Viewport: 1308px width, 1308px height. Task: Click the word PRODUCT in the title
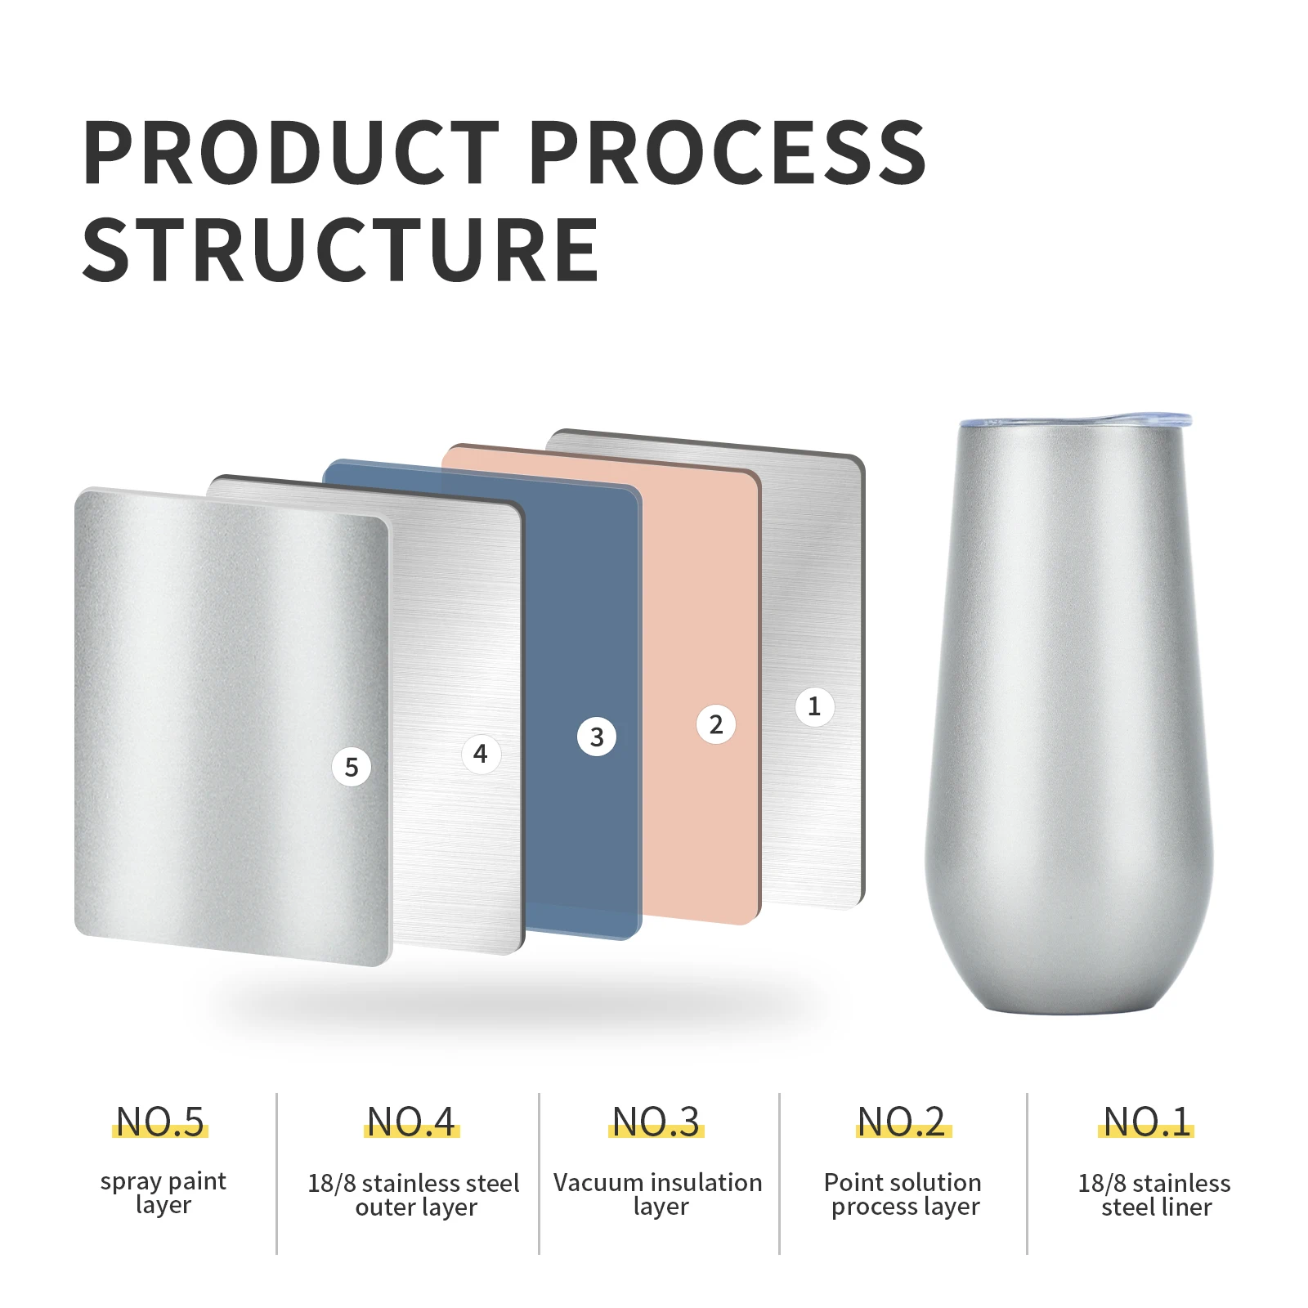[x=291, y=152]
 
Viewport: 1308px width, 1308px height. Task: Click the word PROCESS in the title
[x=728, y=152]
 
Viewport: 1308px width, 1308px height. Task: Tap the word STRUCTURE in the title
[x=341, y=250]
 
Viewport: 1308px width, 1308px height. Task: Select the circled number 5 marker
[x=352, y=767]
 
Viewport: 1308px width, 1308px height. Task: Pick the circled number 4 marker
[x=481, y=754]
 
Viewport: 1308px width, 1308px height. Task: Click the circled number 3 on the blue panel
[x=597, y=737]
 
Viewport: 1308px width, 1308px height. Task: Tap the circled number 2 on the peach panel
[x=716, y=724]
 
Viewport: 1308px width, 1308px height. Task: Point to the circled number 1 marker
[x=814, y=706]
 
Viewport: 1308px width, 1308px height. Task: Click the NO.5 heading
[x=160, y=1122]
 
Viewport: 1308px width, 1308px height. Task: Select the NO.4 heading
[x=411, y=1122]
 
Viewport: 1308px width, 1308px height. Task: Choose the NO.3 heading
[x=656, y=1122]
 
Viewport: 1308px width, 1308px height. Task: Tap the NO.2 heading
[x=903, y=1122]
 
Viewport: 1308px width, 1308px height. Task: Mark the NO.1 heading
[x=1147, y=1122]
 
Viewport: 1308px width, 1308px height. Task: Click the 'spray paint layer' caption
[x=163, y=1194]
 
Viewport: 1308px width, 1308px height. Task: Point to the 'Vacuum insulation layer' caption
[x=658, y=1194]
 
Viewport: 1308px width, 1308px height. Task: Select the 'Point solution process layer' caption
[x=903, y=1194]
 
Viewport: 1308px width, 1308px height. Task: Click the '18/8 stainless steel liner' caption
[x=1154, y=1194]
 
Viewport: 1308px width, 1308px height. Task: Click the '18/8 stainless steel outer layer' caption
[x=414, y=1194]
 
